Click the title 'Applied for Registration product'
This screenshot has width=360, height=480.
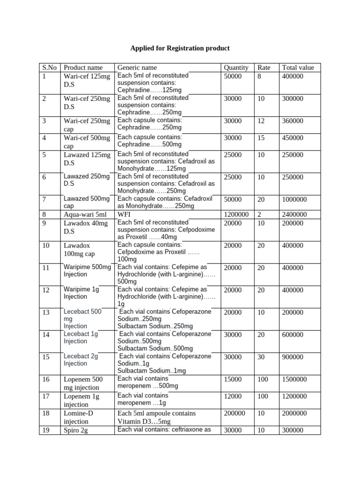(180, 48)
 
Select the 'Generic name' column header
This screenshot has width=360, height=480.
(137, 67)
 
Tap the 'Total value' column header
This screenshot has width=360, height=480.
(298, 67)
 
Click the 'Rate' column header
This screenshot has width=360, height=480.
(264, 67)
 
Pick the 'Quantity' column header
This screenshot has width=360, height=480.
(236, 67)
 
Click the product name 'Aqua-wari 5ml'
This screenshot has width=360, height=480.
(85, 214)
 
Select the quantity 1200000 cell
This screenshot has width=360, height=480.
(237, 214)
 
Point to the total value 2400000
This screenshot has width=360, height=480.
(294, 214)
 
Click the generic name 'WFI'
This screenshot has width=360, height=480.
(124, 214)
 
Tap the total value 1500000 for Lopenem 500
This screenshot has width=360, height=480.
(294, 379)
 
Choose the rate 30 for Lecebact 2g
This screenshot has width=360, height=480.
(262, 356)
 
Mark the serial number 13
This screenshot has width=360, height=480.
(46, 312)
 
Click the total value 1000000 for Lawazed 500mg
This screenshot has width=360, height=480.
(294, 199)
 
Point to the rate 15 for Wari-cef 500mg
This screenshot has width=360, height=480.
(261, 138)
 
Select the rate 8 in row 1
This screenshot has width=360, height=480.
(259, 75)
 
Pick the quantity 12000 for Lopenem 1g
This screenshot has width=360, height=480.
(233, 396)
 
